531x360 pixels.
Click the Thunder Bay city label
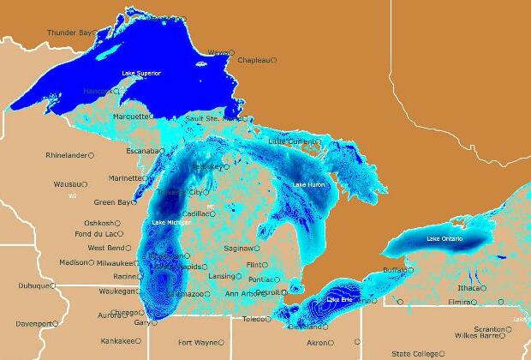coord(69,33)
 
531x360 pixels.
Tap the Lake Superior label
coord(141,73)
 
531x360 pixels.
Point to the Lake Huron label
coord(309,184)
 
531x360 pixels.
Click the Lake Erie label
coord(339,299)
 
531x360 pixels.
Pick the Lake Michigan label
coord(170,223)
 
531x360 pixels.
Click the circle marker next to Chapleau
coord(273,60)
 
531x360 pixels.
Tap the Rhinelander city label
coord(67,155)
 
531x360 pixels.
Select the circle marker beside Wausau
coord(84,184)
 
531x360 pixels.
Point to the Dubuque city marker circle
coord(54,286)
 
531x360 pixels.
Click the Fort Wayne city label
coord(196,342)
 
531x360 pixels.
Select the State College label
coord(413,353)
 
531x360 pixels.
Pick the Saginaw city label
coord(238,249)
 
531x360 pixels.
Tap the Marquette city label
coord(131,116)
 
